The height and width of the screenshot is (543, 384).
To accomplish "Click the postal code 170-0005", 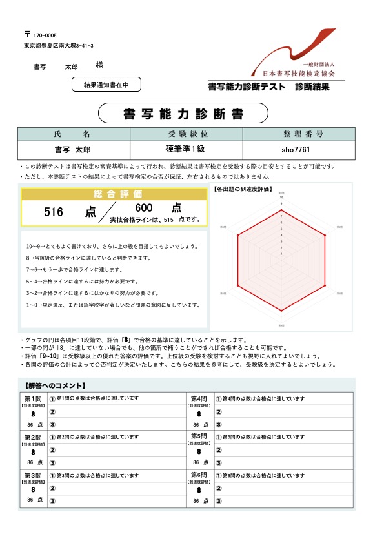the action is [x=45, y=35].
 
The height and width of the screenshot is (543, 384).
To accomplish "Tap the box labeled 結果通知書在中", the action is [x=106, y=84].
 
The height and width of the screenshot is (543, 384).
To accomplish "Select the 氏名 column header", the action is [x=74, y=134].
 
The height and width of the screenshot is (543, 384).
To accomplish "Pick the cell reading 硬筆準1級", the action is [x=186, y=149].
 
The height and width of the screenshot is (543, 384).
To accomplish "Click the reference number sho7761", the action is [x=298, y=149].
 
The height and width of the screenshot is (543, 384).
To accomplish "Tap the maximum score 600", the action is [x=144, y=208].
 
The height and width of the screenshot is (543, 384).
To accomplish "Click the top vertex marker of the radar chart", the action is [x=281, y=211].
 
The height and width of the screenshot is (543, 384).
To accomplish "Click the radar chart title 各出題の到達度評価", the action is [x=243, y=190].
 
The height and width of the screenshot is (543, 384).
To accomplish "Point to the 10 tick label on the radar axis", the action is [x=280, y=197].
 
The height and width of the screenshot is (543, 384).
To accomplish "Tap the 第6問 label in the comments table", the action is [x=199, y=475].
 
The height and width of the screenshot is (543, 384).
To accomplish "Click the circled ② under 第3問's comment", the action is [x=52, y=488].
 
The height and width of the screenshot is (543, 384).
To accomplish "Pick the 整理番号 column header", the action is [x=298, y=134].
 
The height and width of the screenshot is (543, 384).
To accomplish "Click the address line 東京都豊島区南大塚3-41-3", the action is [x=59, y=46].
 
